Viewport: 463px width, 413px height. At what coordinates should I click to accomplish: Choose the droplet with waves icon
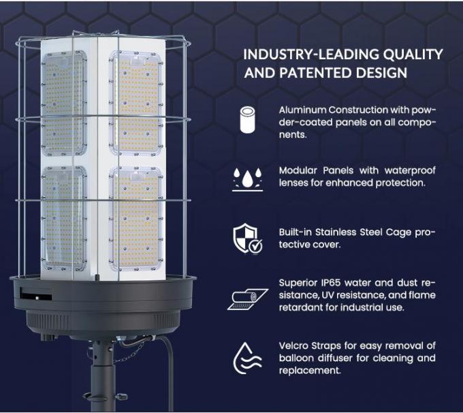248,358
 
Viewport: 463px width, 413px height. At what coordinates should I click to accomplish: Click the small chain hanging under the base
133,352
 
